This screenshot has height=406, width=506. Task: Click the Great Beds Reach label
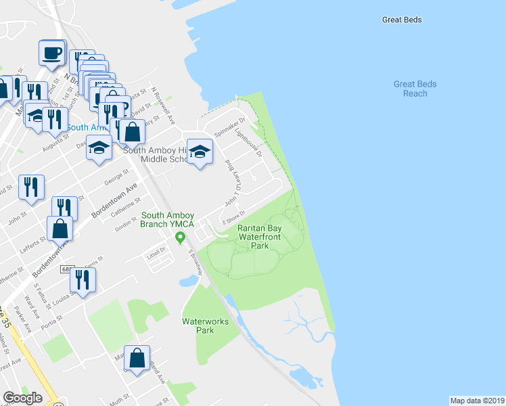tap(415, 89)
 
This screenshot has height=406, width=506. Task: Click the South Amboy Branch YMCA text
tap(167, 221)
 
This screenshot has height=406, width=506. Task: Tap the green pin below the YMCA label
tap(180, 238)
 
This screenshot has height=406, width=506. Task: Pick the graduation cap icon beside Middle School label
tap(200, 152)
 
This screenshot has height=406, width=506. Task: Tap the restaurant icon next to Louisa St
tap(83, 280)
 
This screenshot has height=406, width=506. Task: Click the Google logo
tap(22, 398)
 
